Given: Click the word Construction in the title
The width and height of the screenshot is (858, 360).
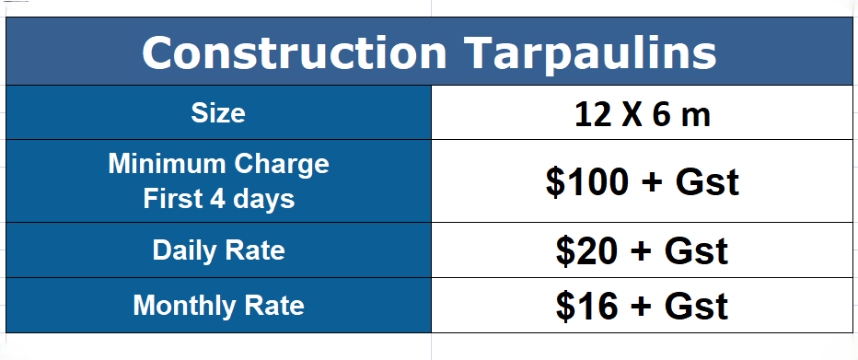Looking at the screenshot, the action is pyautogui.click(x=295, y=52).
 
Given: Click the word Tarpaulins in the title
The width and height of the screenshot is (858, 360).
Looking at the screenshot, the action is pyautogui.click(x=591, y=54).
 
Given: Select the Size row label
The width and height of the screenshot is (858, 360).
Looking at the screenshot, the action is pyautogui.click(x=218, y=113).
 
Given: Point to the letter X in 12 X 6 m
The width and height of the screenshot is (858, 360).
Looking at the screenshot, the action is pyautogui.click(x=632, y=115).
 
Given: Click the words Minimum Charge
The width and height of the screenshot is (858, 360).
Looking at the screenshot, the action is pyautogui.click(x=219, y=164).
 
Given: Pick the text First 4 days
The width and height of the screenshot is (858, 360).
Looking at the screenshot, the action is pyautogui.click(x=219, y=199).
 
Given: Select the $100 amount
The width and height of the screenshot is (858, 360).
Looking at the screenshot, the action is pyautogui.click(x=586, y=182).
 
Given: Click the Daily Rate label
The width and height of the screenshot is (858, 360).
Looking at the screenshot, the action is pyautogui.click(x=219, y=250).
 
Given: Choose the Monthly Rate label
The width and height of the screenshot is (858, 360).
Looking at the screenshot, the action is pyautogui.click(x=219, y=305).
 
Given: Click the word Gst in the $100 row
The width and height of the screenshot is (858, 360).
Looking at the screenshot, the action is pyautogui.click(x=707, y=182).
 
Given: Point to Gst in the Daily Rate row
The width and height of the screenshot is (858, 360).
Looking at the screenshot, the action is pyautogui.click(x=696, y=251).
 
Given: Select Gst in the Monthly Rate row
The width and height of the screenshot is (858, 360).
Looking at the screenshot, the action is pyautogui.click(x=696, y=306).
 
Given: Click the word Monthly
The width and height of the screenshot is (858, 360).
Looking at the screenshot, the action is pyautogui.click(x=183, y=305).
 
